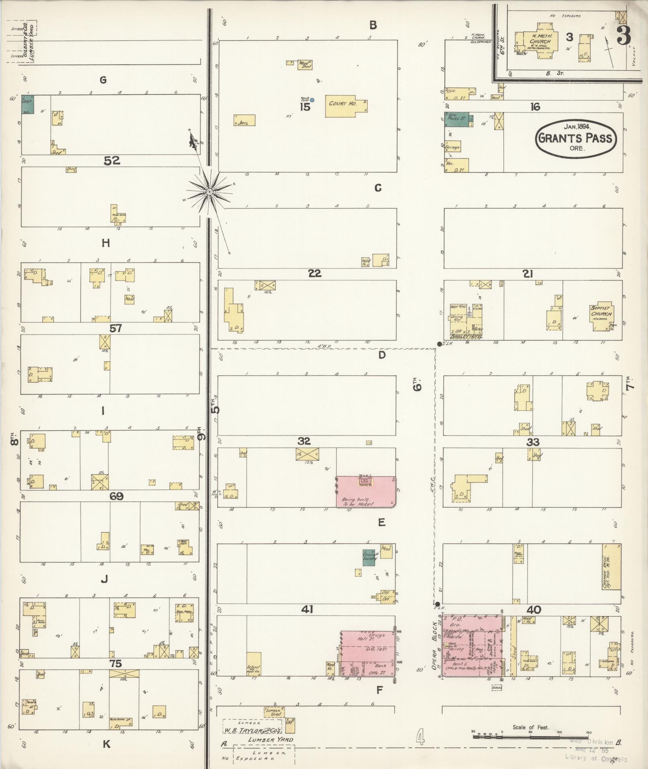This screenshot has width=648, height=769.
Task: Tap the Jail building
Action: coord(244,121)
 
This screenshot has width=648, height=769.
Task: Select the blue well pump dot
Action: coord(312,100)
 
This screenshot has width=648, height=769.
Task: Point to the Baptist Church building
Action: coord(602,318)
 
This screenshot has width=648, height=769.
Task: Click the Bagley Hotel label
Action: coord(466,336)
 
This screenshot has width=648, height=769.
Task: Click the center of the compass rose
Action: coord(209,192)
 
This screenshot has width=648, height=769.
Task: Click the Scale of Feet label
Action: coord(531,727)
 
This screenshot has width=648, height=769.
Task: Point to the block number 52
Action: coord(112,161)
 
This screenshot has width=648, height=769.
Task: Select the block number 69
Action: coord(116,496)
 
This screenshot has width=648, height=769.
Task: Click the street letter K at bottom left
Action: coord(106,744)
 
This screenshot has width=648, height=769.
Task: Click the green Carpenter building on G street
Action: coord(28,104)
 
